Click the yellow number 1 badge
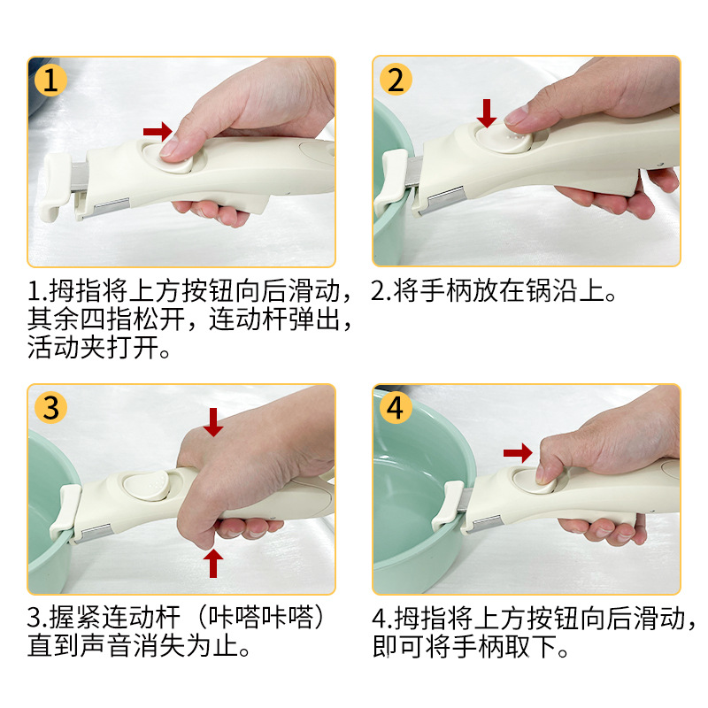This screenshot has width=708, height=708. point(51,80)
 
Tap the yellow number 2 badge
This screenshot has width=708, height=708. point(396,79)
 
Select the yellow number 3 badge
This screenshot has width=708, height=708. point(51,407)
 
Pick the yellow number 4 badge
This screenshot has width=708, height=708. point(396,407)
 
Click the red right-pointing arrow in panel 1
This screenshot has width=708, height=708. point(158,131)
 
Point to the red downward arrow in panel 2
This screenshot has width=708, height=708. point(487,113)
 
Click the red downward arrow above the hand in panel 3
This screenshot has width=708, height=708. point(213,422)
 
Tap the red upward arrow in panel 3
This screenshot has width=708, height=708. point(213,563)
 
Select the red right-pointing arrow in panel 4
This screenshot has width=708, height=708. point(518,452)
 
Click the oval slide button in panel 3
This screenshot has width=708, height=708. point(148,485)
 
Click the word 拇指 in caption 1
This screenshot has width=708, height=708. point(75,291)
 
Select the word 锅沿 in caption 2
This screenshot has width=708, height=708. point(551,291)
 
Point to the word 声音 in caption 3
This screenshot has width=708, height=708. point(106,646)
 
